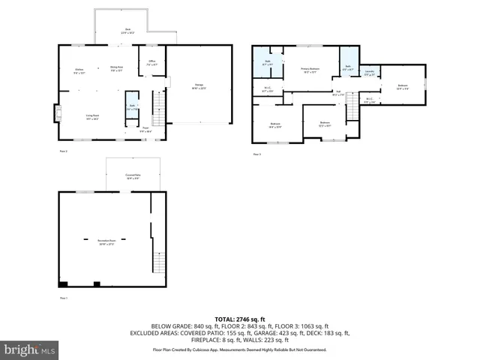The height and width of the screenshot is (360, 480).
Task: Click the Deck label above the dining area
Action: pyautogui.click(x=129, y=31)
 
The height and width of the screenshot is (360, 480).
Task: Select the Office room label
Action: pyautogui.click(x=151, y=63)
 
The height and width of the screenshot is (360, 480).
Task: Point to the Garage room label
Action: pyautogui.click(x=199, y=86)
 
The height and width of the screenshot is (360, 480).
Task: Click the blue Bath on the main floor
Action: pyautogui.click(x=131, y=107)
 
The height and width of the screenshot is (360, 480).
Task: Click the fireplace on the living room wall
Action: pyautogui.click(x=55, y=113)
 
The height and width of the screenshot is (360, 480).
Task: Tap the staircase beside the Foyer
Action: pyautogui.click(x=158, y=109)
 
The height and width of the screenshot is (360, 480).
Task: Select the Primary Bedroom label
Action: pyautogui.click(x=310, y=70)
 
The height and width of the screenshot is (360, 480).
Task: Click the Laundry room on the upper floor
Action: pyautogui.click(x=369, y=73)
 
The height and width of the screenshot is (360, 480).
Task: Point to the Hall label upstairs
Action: pyautogui.click(x=338, y=93)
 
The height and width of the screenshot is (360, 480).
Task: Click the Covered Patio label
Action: pyautogui.click(x=133, y=176)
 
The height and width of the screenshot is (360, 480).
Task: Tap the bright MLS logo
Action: pyautogui.click(x=30, y=349)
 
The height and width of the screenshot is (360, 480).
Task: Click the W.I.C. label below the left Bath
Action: pyautogui.click(x=268, y=90)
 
